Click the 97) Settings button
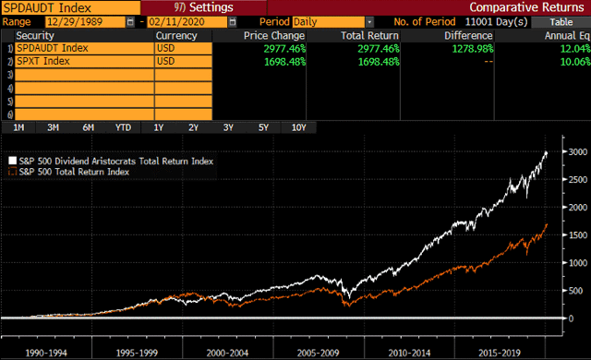(203, 7)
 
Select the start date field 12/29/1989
(85, 22)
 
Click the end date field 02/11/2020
(187, 22)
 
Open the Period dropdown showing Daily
(332, 22)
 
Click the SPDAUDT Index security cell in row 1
(84, 48)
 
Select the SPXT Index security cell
(84, 61)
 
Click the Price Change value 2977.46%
(284, 49)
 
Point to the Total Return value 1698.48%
(379, 61)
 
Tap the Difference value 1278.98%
(473, 49)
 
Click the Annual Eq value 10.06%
(575, 61)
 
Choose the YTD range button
(123, 127)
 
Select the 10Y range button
(299, 127)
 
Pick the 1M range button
(18, 127)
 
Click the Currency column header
(176, 36)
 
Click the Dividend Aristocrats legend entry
(111, 162)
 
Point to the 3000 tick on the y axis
(578, 151)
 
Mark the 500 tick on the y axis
(575, 291)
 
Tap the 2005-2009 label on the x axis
(318, 353)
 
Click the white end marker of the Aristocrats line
(546, 153)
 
